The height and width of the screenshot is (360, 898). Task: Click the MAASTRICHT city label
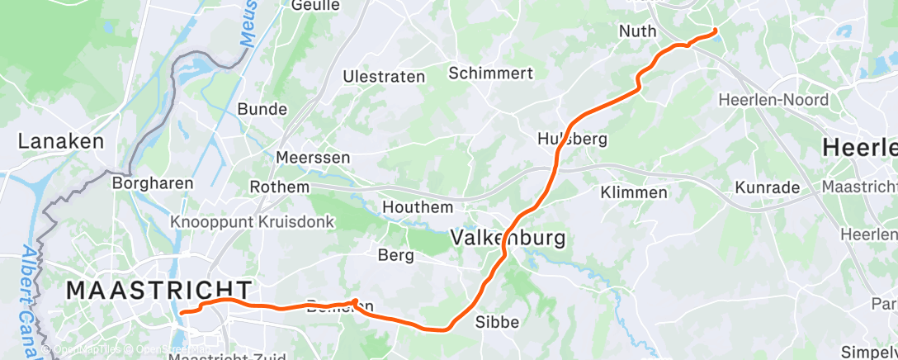[158, 291]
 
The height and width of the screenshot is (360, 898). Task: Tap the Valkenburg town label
[508, 239]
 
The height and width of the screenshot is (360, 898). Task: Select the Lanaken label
[61, 141]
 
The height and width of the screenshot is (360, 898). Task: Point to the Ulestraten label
[384, 77]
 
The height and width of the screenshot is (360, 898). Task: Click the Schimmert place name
[490, 73]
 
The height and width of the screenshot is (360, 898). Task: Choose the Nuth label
[637, 31]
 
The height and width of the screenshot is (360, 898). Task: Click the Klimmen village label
[634, 192]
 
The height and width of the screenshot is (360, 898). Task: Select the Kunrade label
[768, 187]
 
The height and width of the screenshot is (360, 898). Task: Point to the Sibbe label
[498, 322]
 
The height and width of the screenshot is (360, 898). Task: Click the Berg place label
[395, 255]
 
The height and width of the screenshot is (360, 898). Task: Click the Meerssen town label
[314, 157]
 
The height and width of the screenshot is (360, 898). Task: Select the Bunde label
[262, 109]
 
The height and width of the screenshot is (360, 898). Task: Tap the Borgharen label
[153, 183]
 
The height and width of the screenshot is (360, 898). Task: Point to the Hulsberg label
[572, 138]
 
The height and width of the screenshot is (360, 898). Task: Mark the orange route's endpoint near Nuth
[715, 31]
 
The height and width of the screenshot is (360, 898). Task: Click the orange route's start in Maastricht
[182, 312]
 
